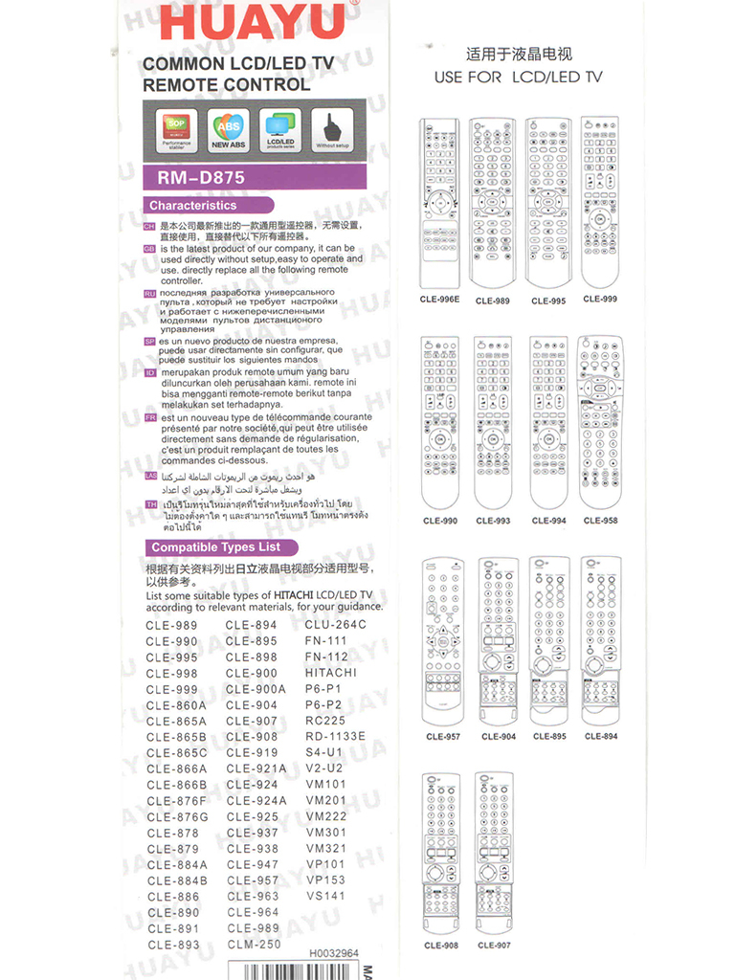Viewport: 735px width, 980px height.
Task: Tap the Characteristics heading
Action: tap(192, 205)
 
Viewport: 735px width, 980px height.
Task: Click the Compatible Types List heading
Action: tap(216, 547)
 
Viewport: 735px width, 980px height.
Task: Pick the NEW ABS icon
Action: tap(228, 130)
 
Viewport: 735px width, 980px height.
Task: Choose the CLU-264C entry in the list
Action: tap(336, 625)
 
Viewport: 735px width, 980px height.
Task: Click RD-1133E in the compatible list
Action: tap(335, 737)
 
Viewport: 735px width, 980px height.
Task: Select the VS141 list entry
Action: tap(325, 896)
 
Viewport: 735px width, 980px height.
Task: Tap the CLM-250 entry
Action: tap(254, 944)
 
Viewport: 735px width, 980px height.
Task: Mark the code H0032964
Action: tap(334, 953)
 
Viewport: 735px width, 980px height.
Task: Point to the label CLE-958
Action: tap(600, 522)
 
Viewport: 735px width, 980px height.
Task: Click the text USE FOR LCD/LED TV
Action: tap(518, 77)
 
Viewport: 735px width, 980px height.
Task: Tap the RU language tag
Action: tap(150, 294)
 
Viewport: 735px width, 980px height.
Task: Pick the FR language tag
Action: tap(150, 418)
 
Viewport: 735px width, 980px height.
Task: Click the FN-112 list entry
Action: tap(326, 657)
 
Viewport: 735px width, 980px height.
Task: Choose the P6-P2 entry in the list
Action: tap(323, 705)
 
